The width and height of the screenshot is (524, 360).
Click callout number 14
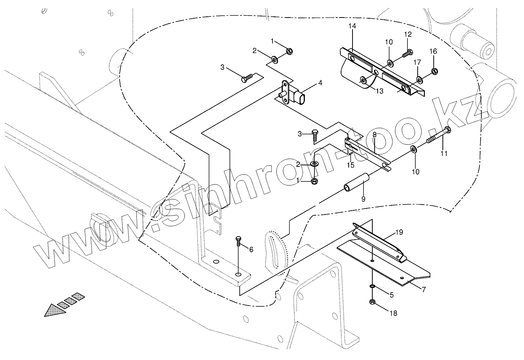(352, 26)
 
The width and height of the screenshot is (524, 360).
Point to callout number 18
(393, 313)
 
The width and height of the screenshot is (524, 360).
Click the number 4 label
(320, 82)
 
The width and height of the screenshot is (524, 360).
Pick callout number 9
(363, 198)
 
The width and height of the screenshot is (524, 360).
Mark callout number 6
(251, 250)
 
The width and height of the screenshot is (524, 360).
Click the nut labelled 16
(434, 71)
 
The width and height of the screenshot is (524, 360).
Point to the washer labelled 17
(420, 80)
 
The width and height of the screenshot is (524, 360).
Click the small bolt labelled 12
(407, 53)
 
